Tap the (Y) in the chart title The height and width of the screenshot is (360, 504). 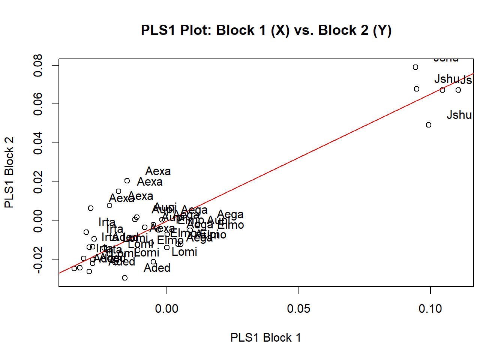coord(382,30)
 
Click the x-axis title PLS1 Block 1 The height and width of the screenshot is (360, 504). coord(265,337)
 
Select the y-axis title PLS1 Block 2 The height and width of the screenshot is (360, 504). coord(9,172)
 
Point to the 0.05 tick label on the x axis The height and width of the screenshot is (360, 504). coord(298,309)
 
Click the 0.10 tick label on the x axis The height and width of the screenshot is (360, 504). coord(430,309)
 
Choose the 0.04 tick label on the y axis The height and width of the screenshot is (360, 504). coord(38,143)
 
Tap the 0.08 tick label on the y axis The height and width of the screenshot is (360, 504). coord(38,65)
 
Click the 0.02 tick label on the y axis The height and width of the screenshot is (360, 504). coord(38,182)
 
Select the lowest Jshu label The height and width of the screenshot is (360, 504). coord(459,115)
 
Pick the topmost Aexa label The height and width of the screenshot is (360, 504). coord(158,171)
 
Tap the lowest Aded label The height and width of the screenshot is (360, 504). coord(157,268)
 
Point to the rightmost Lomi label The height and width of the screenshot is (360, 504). coord(184,252)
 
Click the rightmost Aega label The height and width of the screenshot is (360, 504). coord(230,214)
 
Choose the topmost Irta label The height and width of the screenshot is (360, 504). coord(107,222)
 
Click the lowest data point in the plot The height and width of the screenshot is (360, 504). coord(125,278)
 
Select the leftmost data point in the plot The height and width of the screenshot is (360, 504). coord(74,268)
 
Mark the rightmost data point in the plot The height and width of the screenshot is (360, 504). coord(458,90)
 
